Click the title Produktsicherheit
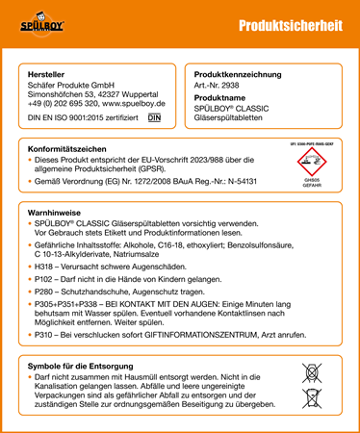[x=289, y=27]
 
